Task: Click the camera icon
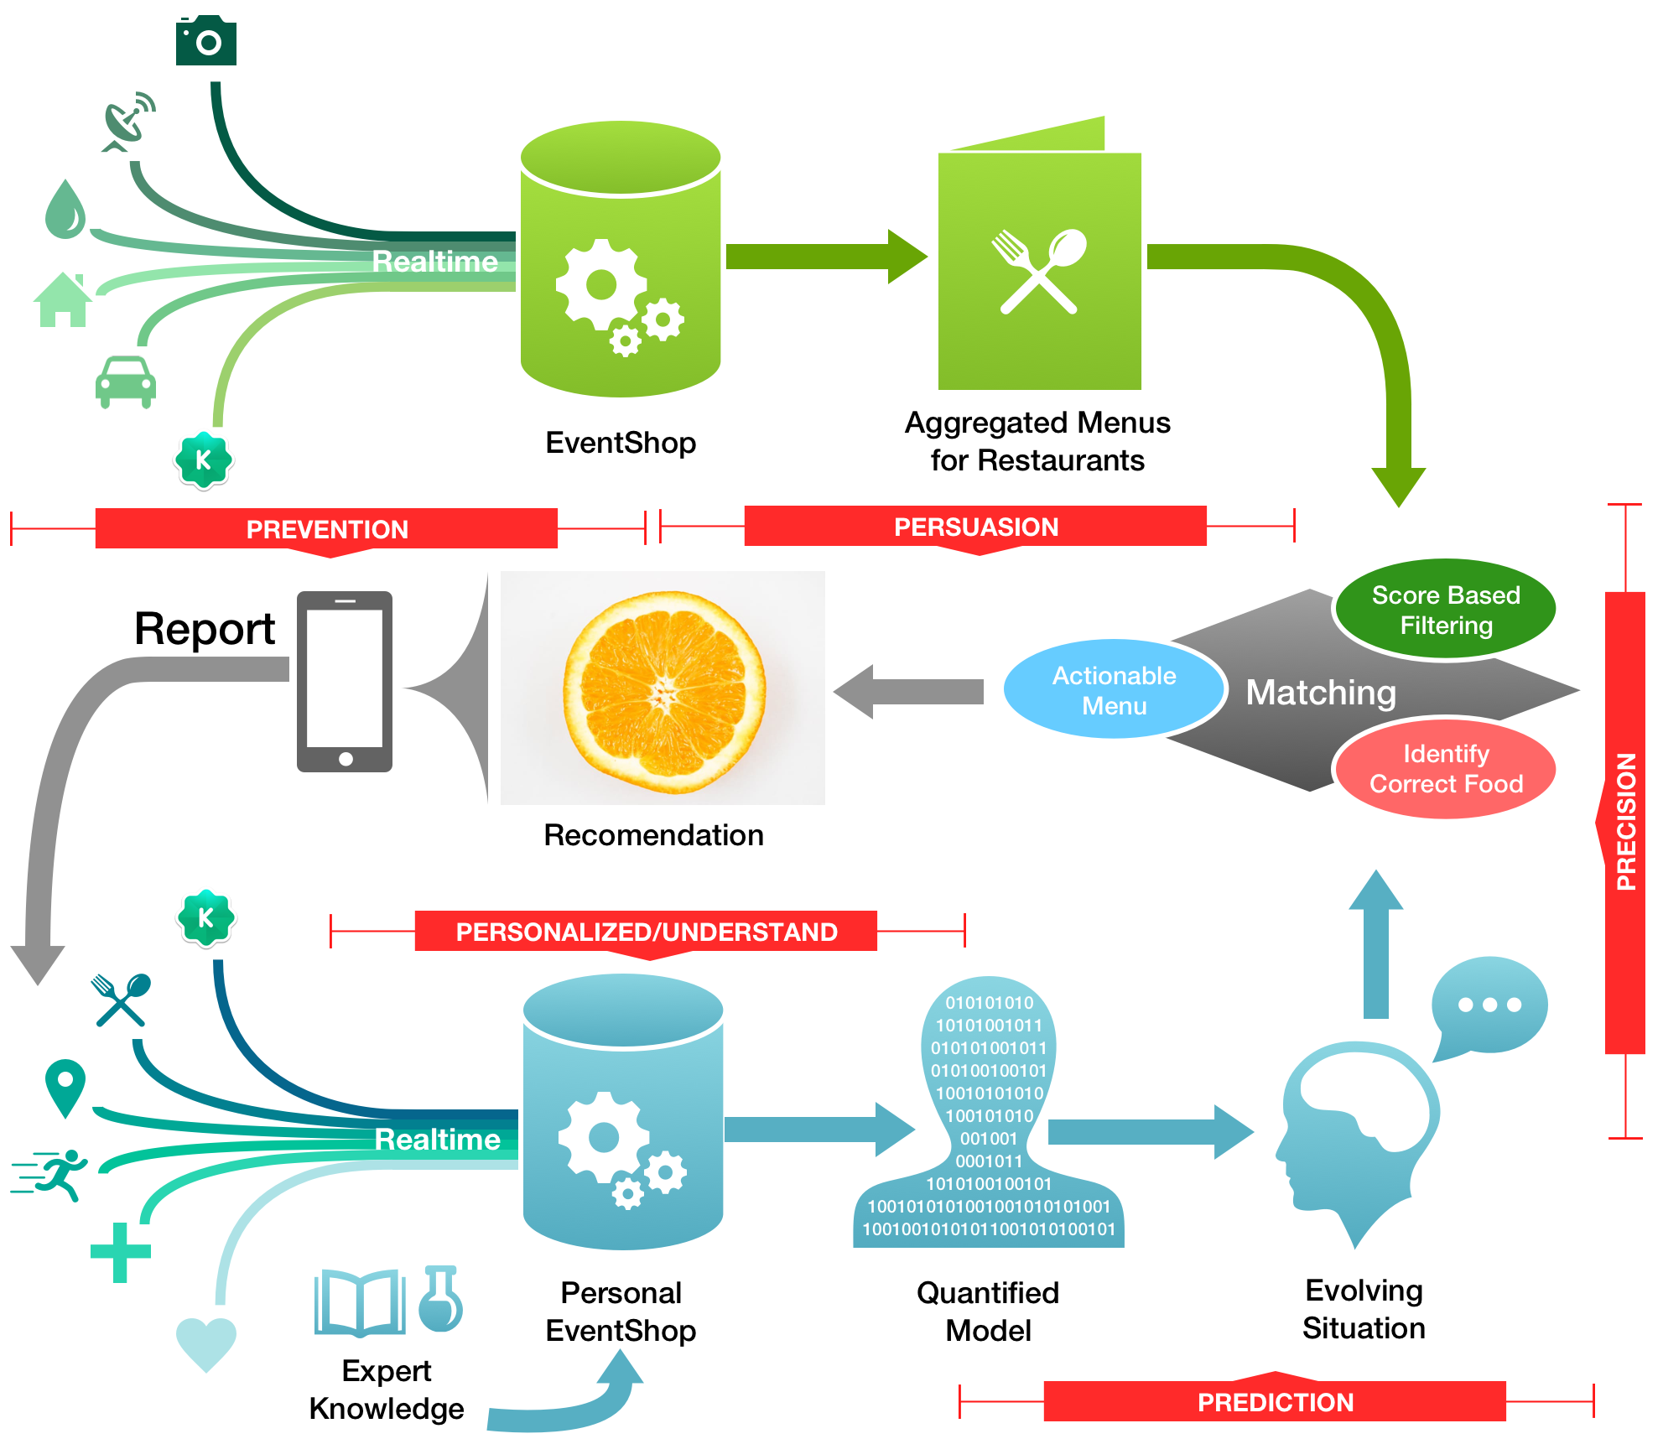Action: [x=206, y=39]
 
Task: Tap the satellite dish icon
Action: [x=128, y=122]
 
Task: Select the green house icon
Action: [x=62, y=299]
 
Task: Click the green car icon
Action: [x=126, y=382]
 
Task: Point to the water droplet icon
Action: [x=65, y=209]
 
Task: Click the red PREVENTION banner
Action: [x=327, y=530]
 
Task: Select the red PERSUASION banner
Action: [x=976, y=527]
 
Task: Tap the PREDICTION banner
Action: [x=1275, y=1398]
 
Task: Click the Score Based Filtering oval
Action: [x=1446, y=610]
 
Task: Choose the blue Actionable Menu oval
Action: [x=1115, y=689]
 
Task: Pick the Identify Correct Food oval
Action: [x=1446, y=768]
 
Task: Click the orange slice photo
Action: [x=663, y=688]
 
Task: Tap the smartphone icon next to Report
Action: [x=345, y=681]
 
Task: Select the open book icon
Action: [x=360, y=1302]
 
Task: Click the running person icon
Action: [x=51, y=1174]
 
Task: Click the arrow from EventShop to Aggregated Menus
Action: [x=827, y=257]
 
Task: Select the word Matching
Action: [x=1321, y=693]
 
